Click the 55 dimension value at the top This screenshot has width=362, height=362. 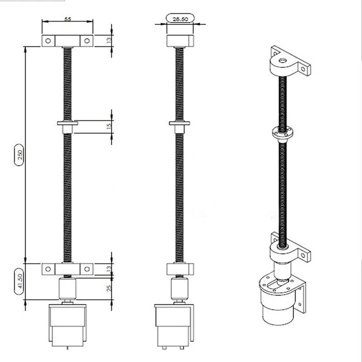[x=67, y=19]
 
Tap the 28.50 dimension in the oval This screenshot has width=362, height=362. [x=180, y=19]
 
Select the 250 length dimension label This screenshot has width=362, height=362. [x=19, y=155]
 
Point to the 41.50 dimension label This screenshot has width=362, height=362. [x=20, y=281]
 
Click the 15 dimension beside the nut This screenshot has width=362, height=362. [x=109, y=126]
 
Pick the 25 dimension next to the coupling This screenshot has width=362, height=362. [x=109, y=288]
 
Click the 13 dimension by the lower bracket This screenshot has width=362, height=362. [x=109, y=268]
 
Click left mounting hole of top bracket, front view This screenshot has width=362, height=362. [x=48, y=41]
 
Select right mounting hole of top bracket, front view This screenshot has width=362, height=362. [x=87, y=41]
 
